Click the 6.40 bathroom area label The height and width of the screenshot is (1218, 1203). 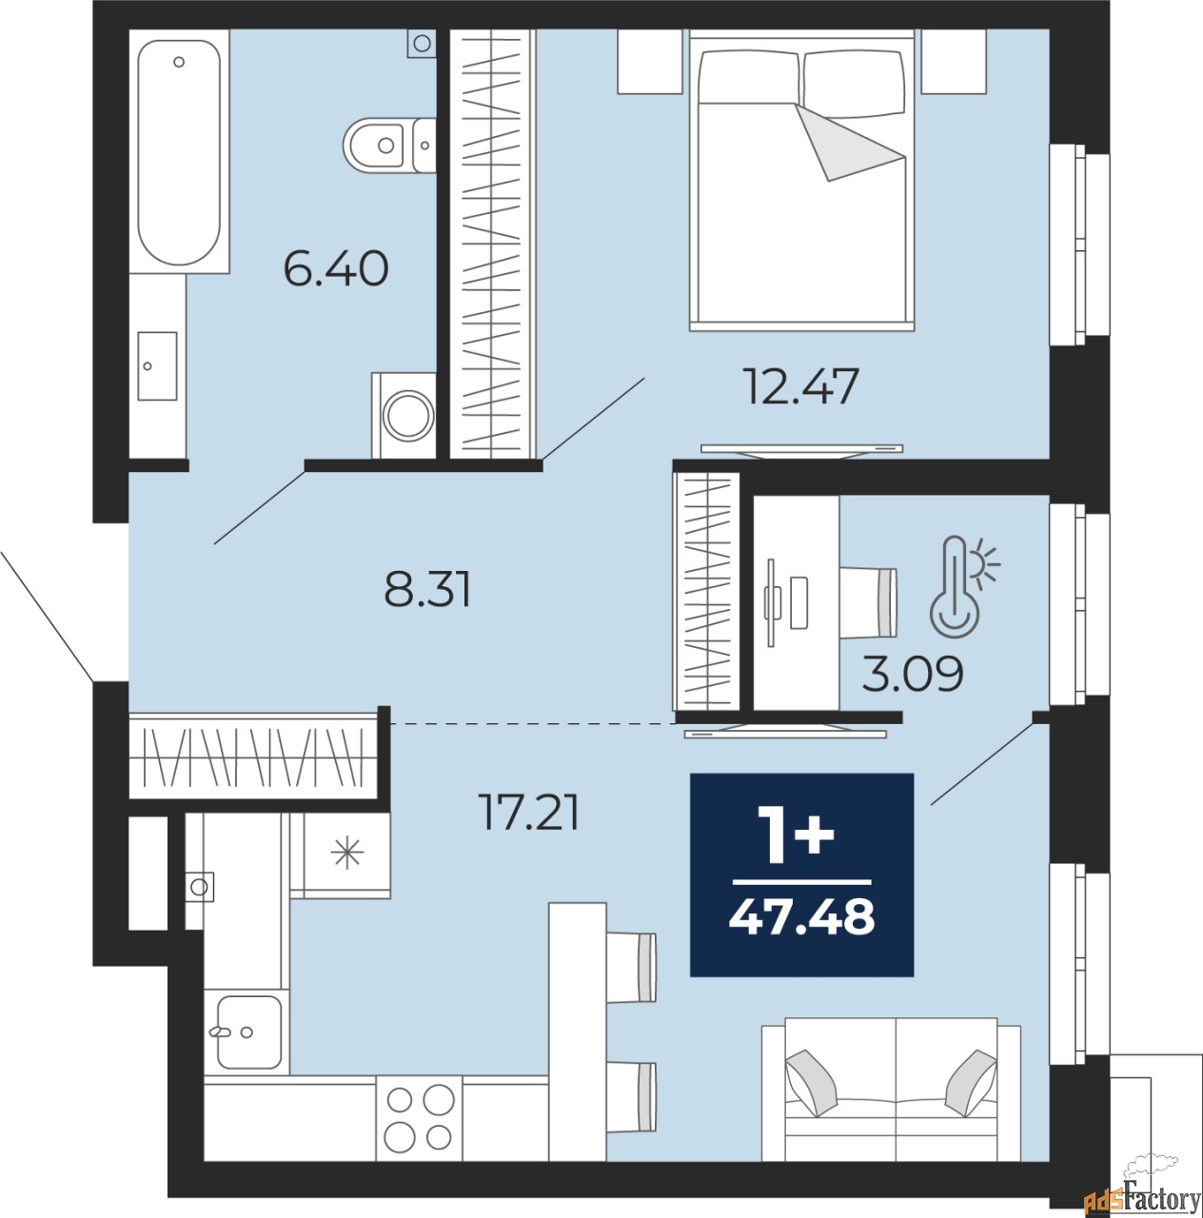(336, 268)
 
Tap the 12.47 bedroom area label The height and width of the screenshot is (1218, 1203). (800, 386)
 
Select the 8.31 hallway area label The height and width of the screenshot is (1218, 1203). (427, 589)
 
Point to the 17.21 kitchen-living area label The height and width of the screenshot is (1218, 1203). (529, 814)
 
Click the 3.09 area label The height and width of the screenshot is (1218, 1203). (912, 675)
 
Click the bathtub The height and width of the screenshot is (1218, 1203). (179, 152)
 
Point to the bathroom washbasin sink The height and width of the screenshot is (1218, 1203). (157, 366)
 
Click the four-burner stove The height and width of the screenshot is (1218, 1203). (419, 1118)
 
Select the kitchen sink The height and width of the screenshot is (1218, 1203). (247, 1031)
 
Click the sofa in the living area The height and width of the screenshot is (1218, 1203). (892, 1090)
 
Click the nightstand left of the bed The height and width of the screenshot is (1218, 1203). (650, 62)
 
